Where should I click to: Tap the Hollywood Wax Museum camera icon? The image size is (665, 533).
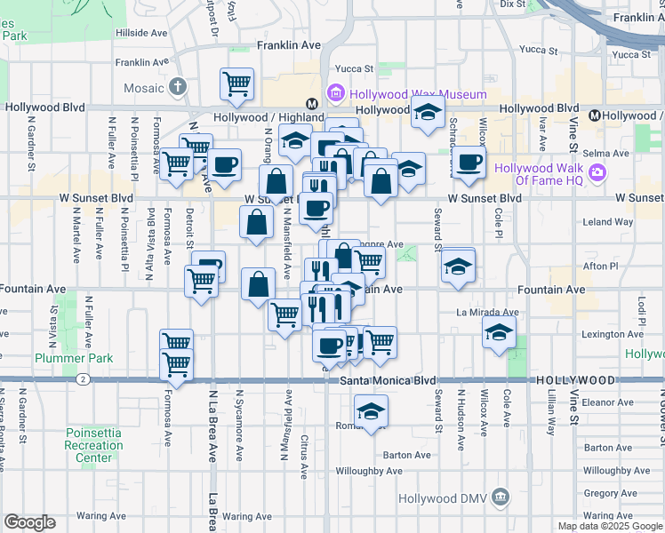[x=336, y=92]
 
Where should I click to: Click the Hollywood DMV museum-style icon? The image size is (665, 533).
[x=501, y=495]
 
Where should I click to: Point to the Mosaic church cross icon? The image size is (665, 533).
[x=178, y=88]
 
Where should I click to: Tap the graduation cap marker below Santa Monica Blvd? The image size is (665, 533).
[x=371, y=411]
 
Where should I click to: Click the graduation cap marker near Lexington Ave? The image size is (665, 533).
[x=500, y=334]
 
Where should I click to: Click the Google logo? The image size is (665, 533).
[x=29, y=522]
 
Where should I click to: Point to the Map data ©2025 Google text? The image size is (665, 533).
[x=610, y=526]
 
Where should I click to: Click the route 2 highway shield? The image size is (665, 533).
[x=83, y=379]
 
